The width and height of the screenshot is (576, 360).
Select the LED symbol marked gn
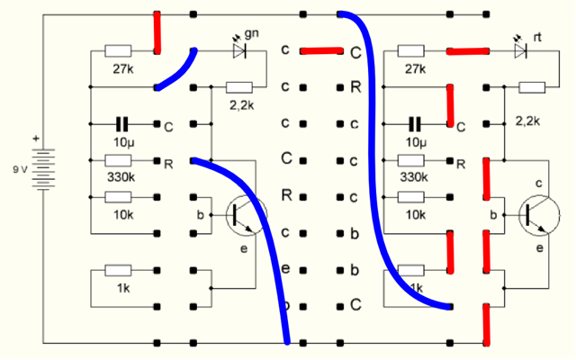[240, 51]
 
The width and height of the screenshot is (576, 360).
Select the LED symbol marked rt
[520, 51]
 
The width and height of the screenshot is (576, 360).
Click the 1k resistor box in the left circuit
[119, 268]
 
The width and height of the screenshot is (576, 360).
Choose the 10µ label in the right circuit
[414, 142]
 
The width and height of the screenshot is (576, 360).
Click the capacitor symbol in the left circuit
[121, 123]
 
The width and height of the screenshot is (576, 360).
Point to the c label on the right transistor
[539, 184]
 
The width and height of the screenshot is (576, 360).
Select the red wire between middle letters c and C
[321, 51]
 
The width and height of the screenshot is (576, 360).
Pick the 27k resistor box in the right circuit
[413, 51]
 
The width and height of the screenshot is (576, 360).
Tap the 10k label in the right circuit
[415, 214]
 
